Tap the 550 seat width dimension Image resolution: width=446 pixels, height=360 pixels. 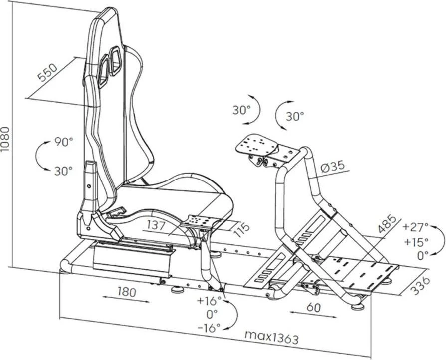click(48, 73)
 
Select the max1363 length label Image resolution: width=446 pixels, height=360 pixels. click(271, 337)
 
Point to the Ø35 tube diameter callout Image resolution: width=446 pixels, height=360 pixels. click(333, 167)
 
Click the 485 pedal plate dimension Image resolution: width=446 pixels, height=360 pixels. click(387, 224)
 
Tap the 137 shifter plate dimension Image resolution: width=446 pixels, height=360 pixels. click(156, 225)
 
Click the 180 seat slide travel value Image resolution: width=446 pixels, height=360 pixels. click(127, 292)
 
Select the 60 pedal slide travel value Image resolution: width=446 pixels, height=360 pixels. click(313, 307)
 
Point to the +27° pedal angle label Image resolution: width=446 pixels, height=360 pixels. click(416, 227)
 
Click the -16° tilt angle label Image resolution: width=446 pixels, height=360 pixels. click(209, 328)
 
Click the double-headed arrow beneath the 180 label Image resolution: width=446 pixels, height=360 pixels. click(126, 300)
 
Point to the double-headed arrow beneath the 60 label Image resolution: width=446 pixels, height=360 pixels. click(313, 314)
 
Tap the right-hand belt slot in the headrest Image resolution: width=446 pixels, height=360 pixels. click(115, 61)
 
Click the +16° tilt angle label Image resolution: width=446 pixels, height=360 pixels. click(209, 300)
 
